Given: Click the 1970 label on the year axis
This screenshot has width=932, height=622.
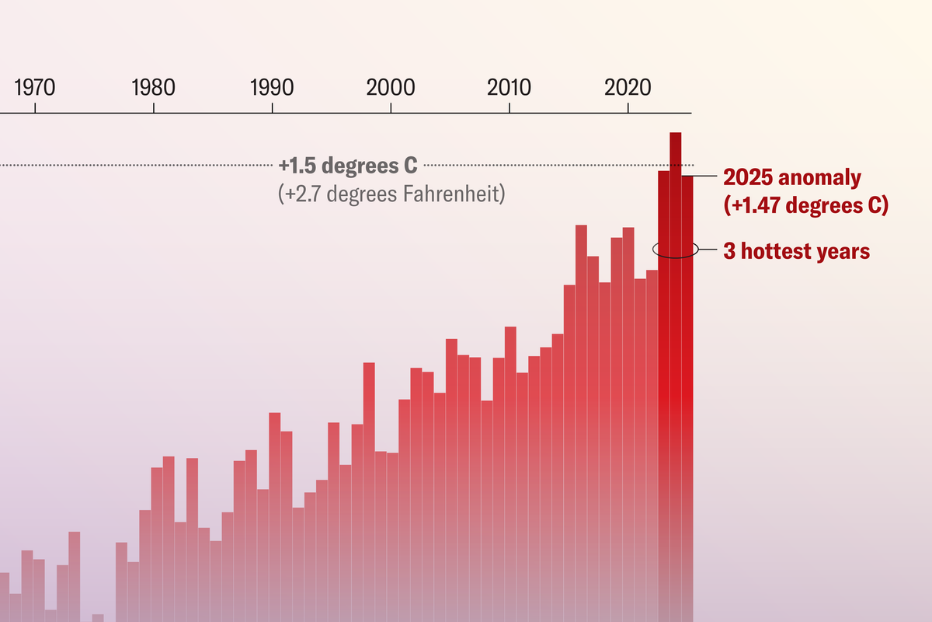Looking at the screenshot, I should [35, 87].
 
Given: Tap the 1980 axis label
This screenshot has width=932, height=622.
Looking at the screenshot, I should [154, 87].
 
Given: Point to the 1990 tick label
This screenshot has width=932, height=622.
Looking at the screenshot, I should [272, 87].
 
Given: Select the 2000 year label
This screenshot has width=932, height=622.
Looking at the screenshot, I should [391, 87].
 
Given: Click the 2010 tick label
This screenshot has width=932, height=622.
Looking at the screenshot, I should [509, 87].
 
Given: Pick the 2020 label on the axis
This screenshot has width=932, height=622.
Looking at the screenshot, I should [628, 87].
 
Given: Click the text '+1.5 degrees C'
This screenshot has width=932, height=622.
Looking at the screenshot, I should [348, 166].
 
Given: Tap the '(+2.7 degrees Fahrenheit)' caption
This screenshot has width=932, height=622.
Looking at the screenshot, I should [391, 192].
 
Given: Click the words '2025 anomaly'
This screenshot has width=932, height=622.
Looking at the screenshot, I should [791, 177].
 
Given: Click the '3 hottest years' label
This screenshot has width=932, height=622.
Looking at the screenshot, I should [796, 251].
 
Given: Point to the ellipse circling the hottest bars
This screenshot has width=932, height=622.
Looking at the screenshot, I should [654, 249].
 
